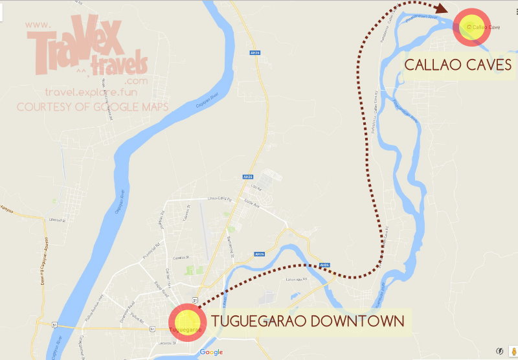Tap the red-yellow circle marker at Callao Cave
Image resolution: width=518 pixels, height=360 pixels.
point(473,27)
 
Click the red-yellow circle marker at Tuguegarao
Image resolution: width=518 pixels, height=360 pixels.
point(186,322)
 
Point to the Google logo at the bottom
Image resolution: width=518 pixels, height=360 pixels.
point(211,352)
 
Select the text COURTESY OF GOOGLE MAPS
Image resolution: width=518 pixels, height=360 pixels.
point(91,106)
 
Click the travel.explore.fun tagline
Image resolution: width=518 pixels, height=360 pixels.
point(95,93)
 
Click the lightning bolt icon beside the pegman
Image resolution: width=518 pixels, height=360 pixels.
point(499,351)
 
